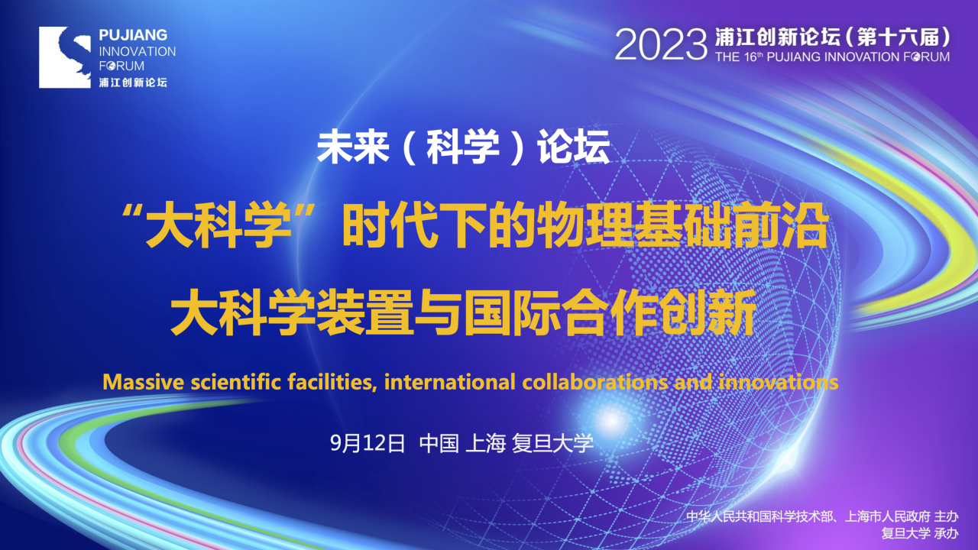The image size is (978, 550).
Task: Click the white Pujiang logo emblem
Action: pos(65,57)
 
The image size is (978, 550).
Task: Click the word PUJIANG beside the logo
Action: pos(133,35)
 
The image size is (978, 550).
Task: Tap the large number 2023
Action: pos(661,45)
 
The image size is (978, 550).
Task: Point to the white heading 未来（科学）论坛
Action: pos(463,147)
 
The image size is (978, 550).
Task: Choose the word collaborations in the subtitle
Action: pos(594,382)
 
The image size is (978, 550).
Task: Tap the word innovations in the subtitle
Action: pos(779,382)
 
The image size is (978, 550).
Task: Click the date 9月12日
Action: pos(368,443)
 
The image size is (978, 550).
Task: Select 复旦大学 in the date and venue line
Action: pos(552,443)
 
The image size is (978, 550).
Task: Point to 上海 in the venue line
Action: pos(485,443)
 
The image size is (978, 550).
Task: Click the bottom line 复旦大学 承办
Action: pos(919,533)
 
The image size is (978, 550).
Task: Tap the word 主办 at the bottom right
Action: pos(946,516)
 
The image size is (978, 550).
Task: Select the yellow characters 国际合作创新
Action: pos(610,312)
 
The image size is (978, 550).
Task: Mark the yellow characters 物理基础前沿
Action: pos(682,227)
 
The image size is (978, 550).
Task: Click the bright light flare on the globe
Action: pos(611,420)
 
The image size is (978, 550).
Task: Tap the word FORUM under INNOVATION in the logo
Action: pos(121,66)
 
